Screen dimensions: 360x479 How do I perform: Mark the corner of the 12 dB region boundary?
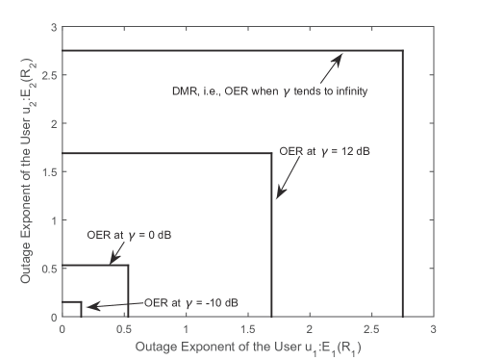(x=272, y=153)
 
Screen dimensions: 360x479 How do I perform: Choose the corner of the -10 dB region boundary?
(x=81, y=302)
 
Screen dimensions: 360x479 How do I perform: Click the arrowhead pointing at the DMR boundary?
(x=340, y=55)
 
